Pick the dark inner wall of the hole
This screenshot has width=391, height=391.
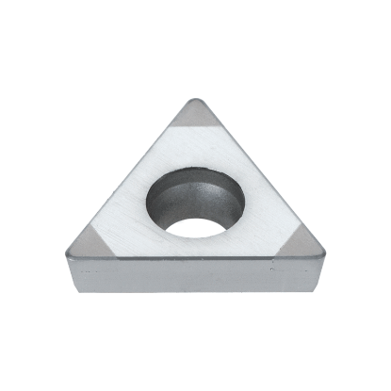(193, 193)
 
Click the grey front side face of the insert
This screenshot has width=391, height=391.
(193, 275)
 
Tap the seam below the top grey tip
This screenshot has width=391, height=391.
(196, 131)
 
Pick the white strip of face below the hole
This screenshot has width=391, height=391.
(193, 248)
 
